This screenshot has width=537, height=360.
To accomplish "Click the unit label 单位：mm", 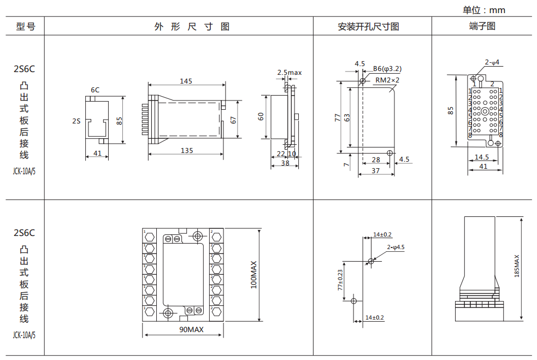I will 484,10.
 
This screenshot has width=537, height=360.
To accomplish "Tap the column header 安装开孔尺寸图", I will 368,26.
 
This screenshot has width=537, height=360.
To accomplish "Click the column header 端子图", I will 482,26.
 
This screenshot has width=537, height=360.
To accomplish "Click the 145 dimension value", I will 186,81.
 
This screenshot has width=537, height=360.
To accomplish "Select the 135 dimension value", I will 186,150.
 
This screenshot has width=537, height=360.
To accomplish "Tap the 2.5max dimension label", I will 289,72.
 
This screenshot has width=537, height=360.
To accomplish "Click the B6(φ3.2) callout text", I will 387,69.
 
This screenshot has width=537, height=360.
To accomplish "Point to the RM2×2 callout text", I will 387,80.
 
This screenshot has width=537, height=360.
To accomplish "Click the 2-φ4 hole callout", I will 492,62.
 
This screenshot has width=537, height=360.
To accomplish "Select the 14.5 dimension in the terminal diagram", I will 482,157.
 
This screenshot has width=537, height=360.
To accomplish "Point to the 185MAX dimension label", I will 517,266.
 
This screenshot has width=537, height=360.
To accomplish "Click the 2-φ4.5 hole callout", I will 396,247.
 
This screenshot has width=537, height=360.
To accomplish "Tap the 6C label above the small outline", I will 95,90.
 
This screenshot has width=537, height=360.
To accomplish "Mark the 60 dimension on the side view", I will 261,116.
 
